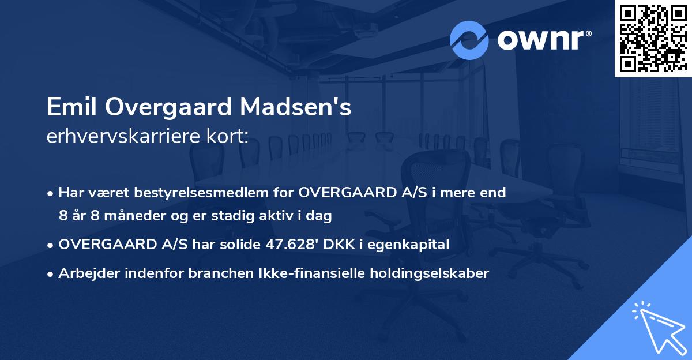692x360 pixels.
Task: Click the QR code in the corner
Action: [x=653, y=38]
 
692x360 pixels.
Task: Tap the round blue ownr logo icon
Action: [x=469, y=40]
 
